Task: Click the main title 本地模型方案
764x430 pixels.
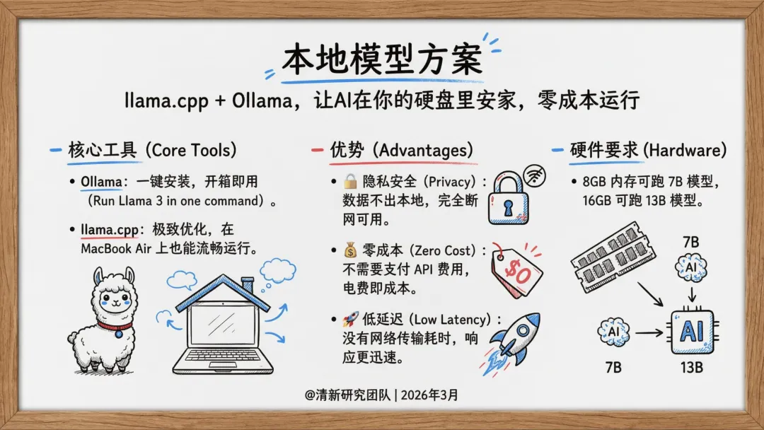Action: (382, 59)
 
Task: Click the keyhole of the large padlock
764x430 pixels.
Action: (508, 209)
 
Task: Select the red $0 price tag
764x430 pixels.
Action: (516, 270)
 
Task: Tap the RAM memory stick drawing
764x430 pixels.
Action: (613, 257)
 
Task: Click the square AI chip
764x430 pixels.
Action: (693, 332)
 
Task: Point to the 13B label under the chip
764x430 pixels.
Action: (692, 368)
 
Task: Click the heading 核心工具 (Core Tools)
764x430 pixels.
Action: (152, 150)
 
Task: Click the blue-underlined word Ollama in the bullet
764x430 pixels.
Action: (101, 182)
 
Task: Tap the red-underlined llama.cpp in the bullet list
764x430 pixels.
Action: (110, 229)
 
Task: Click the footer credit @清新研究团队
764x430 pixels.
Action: (347, 395)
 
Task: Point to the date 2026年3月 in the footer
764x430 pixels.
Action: (429, 395)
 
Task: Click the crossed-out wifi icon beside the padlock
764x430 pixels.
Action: (535, 176)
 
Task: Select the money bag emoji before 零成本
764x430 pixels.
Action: (350, 250)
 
